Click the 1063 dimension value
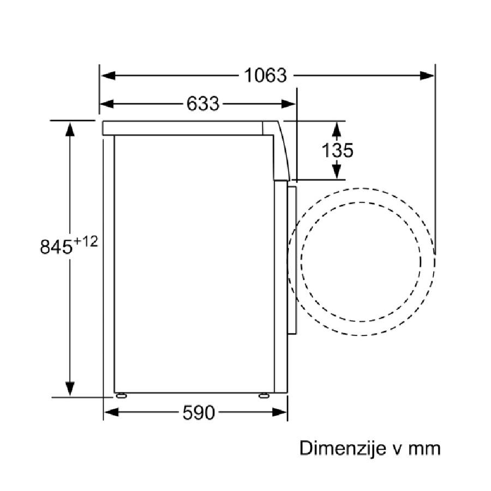click(x=265, y=75)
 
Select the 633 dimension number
click(x=203, y=103)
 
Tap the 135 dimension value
click(x=338, y=150)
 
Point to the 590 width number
click(x=199, y=412)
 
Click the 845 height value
click(x=56, y=247)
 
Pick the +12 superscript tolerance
click(x=86, y=242)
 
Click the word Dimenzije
click(x=343, y=448)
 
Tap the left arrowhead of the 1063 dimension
click(x=109, y=75)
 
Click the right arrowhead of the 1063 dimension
click(x=427, y=75)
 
